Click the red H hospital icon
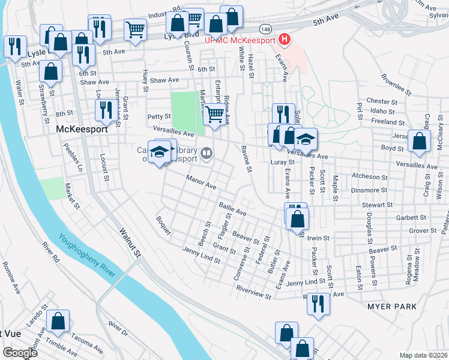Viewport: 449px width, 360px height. [285, 41]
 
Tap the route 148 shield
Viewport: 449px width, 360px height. [265, 28]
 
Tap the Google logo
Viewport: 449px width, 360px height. [19, 353]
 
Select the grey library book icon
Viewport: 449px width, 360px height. [206, 154]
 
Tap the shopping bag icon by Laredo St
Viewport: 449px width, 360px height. [58, 322]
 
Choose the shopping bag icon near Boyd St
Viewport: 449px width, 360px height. [420, 142]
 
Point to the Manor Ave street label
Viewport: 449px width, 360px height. [201, 182]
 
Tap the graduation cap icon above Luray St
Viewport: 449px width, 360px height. [306, 139]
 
